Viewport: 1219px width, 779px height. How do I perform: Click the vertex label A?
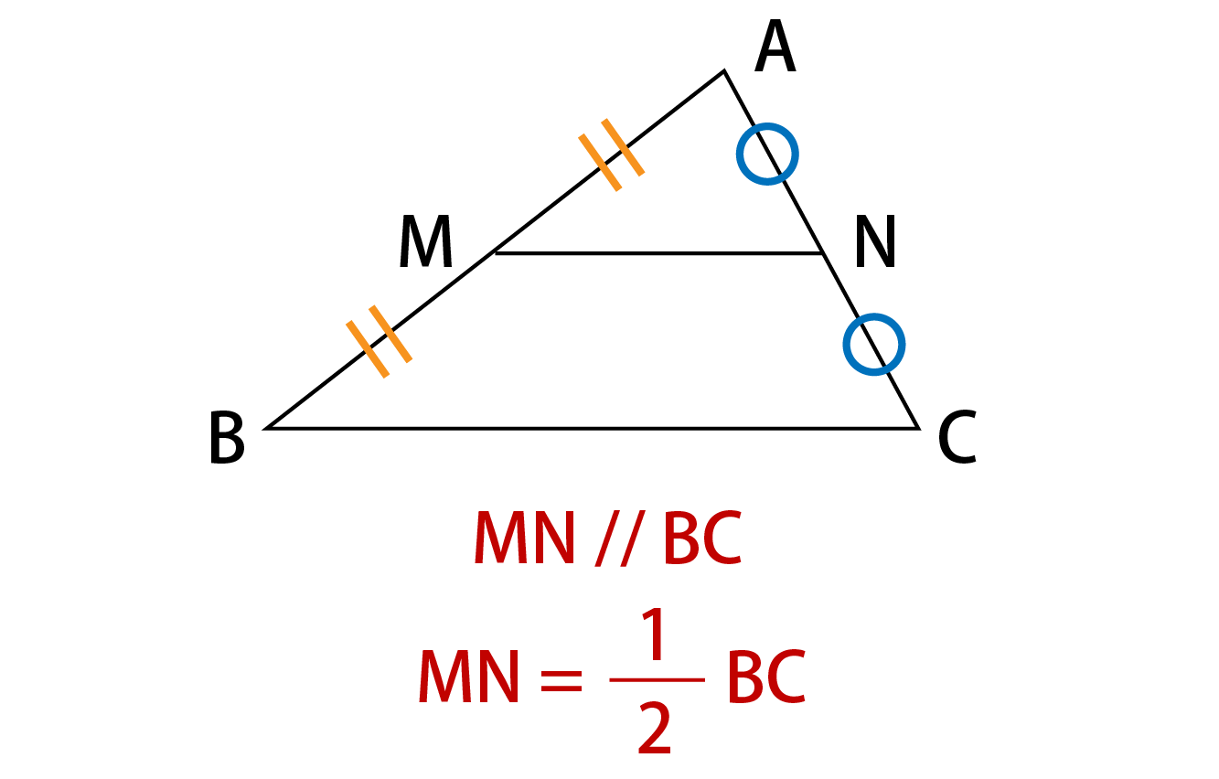click(775, 46)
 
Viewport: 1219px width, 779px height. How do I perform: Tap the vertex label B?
click(227, 437)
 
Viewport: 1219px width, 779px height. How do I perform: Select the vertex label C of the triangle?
click(957, 437)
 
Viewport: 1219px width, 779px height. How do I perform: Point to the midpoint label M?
click(425, 241)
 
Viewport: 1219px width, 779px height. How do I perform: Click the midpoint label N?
click(875, 241)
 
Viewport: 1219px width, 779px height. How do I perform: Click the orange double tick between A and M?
click(611, 155)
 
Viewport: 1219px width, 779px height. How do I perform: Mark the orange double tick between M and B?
click(379, 342)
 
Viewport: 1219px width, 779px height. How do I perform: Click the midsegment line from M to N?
click(658, 253)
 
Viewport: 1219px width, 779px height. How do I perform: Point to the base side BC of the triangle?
click(592, 429)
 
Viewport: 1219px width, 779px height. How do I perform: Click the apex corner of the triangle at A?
click(724, 70)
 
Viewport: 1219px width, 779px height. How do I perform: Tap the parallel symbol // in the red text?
click(620, 538)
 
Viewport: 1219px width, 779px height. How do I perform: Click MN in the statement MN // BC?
click(525, 538)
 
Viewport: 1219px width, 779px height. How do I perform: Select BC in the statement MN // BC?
click(702, 538)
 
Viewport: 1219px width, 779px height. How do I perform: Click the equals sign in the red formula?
click(561, 679)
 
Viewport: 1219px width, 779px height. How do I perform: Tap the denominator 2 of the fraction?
click(654, 728)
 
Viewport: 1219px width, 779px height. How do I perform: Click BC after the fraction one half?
click(766, 677)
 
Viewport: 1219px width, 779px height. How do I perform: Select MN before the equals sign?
click(468, 677)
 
